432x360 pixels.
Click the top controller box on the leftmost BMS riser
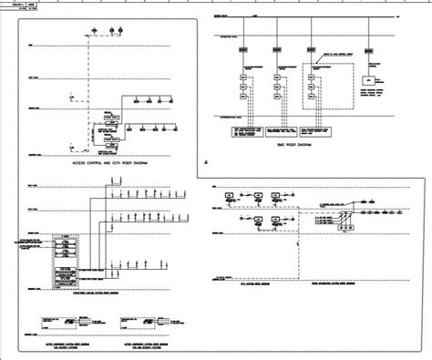click(x=245, y=70)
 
